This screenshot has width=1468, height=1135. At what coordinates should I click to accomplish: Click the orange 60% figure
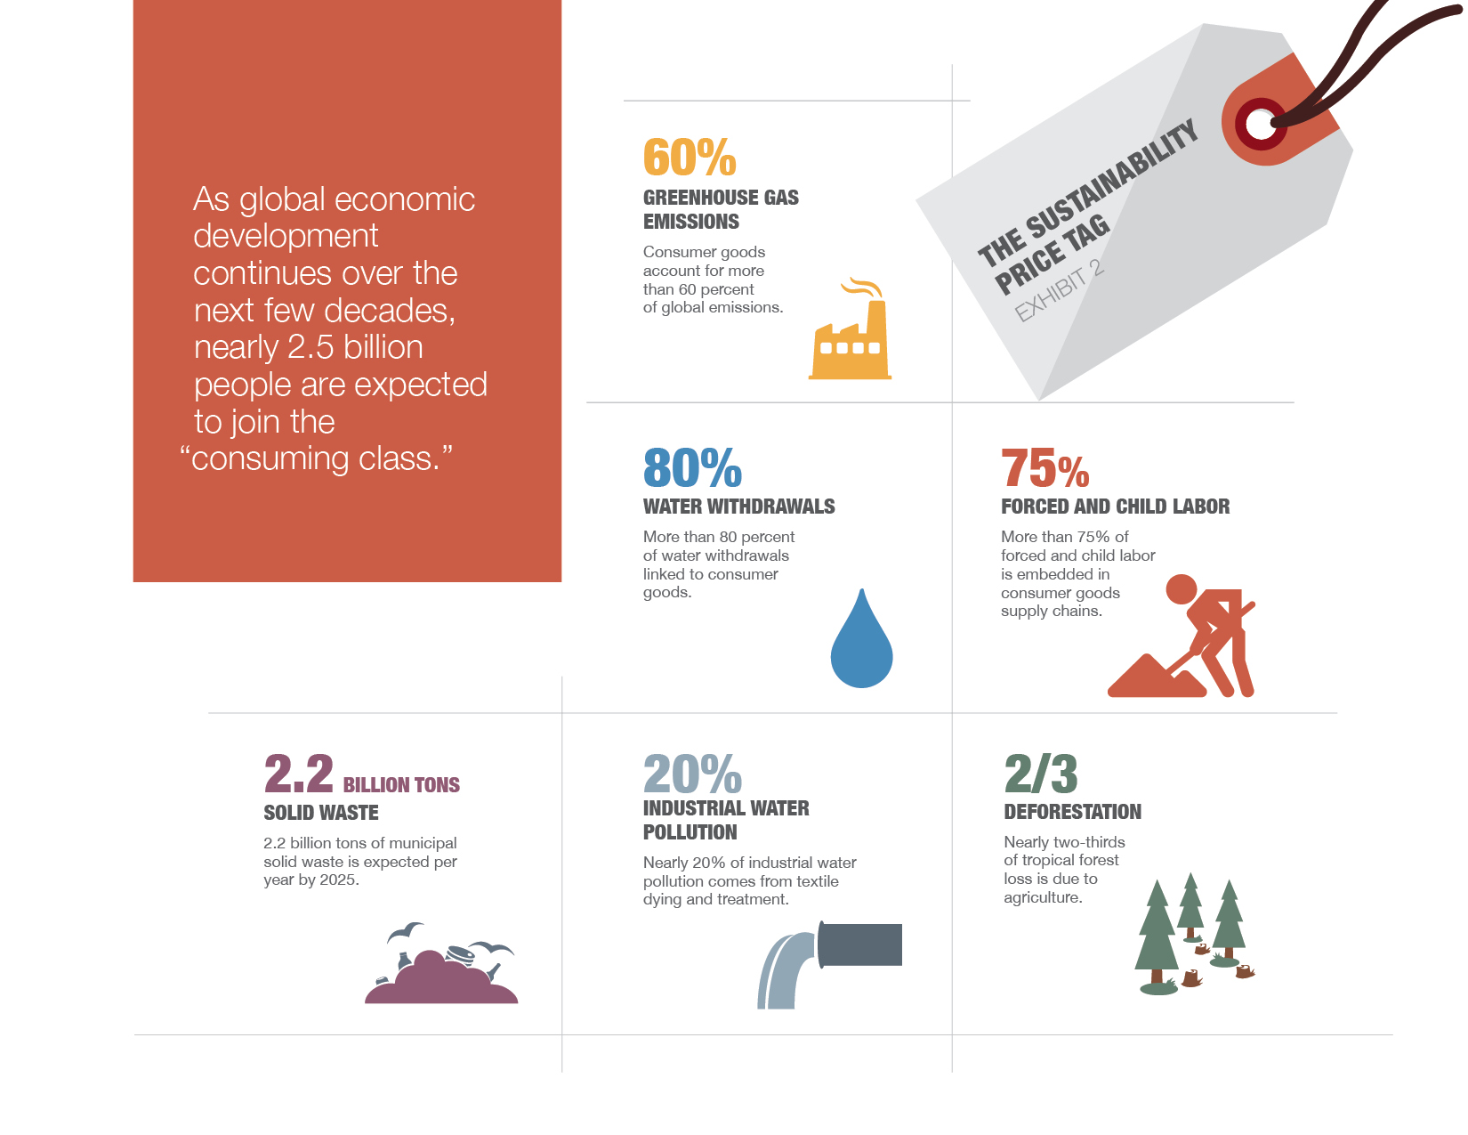(690, 157)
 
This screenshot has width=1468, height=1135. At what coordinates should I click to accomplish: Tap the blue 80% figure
(692, 467)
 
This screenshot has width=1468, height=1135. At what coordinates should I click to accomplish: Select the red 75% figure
(1045, 467)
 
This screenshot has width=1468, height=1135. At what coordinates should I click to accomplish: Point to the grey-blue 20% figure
(692, 774)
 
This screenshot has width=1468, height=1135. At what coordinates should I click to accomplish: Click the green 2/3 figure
(1040, 774)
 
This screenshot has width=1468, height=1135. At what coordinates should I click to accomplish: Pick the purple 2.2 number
(298, 774)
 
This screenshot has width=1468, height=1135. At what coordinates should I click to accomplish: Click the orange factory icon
(850, 329)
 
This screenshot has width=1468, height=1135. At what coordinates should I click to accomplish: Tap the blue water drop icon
(861, 639)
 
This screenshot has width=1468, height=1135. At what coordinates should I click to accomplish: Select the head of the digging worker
(1181, 588)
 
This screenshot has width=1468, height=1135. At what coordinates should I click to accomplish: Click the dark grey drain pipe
(859, 944)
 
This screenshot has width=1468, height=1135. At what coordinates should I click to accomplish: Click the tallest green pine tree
(1157, 936)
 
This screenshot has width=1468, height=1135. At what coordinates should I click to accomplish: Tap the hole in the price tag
(1259, 124)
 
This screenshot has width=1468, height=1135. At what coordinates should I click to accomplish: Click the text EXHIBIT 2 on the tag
(1060, 291)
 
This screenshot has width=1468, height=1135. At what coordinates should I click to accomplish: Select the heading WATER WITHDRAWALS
(738, 507)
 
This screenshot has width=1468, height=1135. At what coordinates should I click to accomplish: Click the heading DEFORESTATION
(1072, 811)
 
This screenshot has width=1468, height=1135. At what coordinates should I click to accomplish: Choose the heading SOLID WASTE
(321, 812)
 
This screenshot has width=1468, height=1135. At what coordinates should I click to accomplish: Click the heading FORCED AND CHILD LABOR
(1115, 507)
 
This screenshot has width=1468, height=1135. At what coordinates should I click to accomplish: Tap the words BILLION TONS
(401, 784)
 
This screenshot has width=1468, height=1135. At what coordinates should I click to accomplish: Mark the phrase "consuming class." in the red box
(316, 459)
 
